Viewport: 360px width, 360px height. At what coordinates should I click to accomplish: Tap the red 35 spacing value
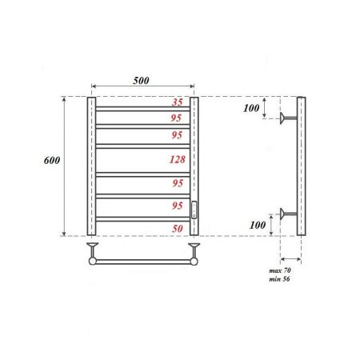point(178,102)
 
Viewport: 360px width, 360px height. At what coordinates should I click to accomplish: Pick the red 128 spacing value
point(178,159)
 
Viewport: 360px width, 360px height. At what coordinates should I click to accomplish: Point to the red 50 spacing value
point(178,229)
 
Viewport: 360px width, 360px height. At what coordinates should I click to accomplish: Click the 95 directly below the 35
point(178,117)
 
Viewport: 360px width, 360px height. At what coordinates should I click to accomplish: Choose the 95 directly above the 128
point(178,135)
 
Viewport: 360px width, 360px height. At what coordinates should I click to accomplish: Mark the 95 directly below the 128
point(178,183)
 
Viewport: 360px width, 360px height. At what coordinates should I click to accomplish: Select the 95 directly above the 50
point(178,206)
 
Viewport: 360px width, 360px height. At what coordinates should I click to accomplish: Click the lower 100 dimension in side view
point(255,226)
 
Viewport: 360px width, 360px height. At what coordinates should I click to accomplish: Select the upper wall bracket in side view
point(286,120)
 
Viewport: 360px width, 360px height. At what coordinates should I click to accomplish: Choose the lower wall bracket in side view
point(286,214)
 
